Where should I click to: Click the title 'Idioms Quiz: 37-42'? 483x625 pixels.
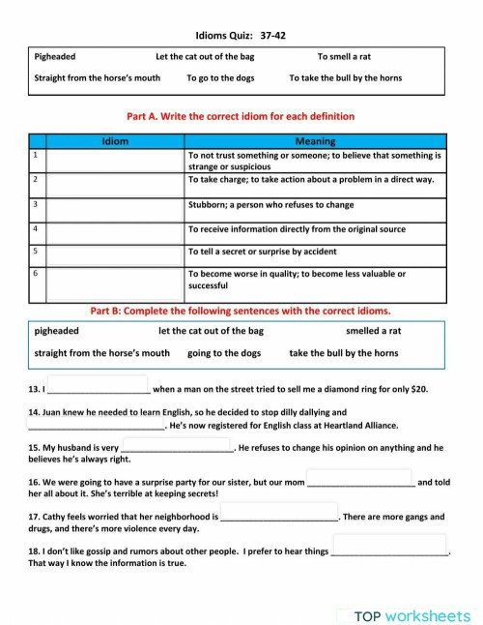point(241,36)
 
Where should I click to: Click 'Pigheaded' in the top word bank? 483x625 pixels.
point(55,57)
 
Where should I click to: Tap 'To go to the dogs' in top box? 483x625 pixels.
point(221,77)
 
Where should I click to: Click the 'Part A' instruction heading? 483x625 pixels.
point(241,116)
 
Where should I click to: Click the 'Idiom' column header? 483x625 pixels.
point(115,141)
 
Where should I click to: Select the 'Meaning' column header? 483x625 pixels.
point(315,141)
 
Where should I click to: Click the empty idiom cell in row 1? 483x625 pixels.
point(115,160)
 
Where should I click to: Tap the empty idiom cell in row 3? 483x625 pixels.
point(115,205)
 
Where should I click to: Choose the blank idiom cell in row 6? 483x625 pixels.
point(115,282)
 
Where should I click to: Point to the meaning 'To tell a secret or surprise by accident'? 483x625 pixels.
point(262,252)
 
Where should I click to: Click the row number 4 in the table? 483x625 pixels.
point(35,228)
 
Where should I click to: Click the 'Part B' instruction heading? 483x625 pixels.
point(241,312)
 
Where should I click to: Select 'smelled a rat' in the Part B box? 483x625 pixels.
point(373,331)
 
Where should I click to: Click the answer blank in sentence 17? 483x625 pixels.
point(279,515)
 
